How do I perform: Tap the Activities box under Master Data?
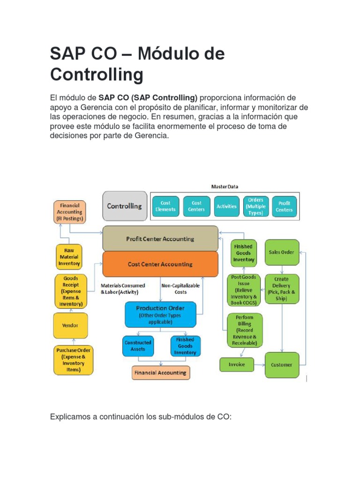[226, 206]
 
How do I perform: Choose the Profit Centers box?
[285, 206]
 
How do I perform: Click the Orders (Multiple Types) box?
[256, 206]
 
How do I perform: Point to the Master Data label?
[225, 187]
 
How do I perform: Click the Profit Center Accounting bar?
[160, 239]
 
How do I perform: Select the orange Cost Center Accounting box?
[160, 264]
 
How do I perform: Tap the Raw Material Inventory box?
[69, 257]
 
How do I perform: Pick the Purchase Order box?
[73, 360]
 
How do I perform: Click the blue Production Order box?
[160, 315]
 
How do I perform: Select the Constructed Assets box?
[138, 346]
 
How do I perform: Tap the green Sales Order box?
[282, 252]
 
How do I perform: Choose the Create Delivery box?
[282, 289]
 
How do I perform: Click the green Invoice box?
[236, 364]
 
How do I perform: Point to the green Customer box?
[282, 365]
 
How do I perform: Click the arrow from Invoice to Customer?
[259, 364]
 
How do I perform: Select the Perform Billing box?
[244, 330]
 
